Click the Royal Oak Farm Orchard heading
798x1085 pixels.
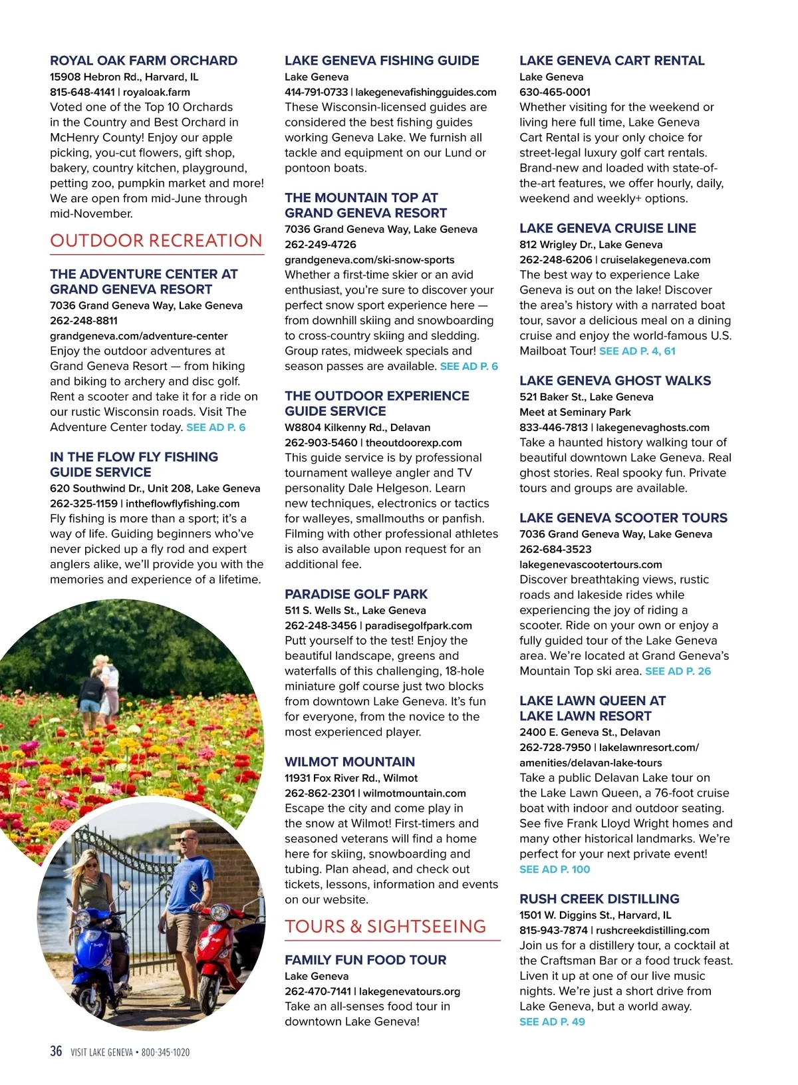click(144, 61)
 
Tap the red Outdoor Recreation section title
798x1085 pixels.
click(156, 241)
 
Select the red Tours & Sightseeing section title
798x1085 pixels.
click(386, 927)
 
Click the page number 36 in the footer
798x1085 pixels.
click(56, 1051)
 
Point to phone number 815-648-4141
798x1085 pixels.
click(82, 92)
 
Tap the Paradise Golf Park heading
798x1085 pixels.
click(356, 594)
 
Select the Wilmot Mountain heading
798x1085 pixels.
click(350, 762)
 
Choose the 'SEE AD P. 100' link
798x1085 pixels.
click(555, 869)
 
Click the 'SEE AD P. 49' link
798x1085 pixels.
click(552, 1022)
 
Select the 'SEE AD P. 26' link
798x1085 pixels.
click(678, 671)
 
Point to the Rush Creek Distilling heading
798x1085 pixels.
click(599, 899)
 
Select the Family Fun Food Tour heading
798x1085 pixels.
click(366, 960)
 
